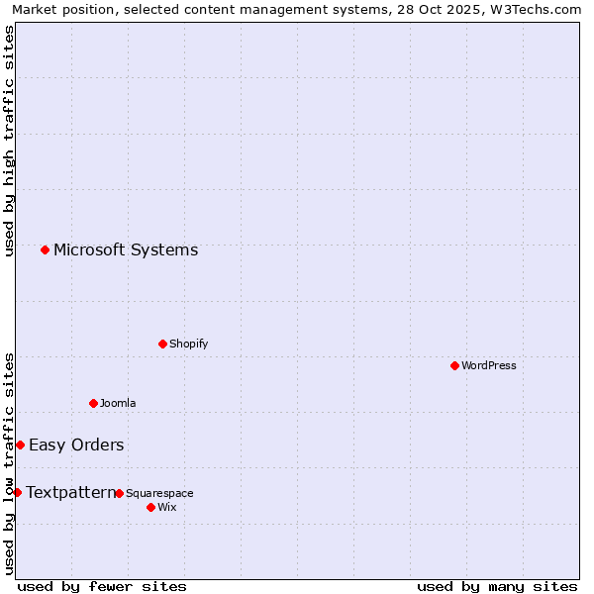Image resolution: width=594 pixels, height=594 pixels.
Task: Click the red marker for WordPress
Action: [454, 365]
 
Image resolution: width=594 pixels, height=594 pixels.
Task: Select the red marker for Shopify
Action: [162, 344]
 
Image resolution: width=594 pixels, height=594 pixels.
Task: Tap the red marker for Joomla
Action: [93, 403]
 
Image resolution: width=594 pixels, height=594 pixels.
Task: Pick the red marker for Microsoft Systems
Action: [45, 249]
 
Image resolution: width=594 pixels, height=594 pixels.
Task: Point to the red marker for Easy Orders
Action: [20, 445]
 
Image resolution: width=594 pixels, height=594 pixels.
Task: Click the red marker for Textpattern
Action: [17, 492]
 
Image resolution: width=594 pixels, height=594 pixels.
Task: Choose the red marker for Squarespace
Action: [119, 493]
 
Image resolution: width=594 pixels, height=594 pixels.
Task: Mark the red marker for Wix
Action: [150, 507]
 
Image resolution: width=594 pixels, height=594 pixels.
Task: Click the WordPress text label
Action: [489, 365]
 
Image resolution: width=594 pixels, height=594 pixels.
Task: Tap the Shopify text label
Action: [188, 344]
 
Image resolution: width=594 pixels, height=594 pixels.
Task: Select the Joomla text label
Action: [118, 403]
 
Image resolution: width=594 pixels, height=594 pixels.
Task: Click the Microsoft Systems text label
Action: [126, 249]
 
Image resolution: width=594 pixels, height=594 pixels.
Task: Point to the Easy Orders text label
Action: [76, 445]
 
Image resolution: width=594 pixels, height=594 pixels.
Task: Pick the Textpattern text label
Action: [70, 492]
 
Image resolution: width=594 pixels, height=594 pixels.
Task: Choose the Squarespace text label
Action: [159, 493]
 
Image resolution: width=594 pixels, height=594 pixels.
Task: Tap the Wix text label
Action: [166, 507]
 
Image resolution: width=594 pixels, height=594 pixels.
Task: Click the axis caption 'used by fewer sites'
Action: [102, 586]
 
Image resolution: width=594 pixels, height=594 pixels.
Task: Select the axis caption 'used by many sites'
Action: [497, 586]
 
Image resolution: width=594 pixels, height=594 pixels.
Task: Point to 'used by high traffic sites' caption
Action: [9, 141]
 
